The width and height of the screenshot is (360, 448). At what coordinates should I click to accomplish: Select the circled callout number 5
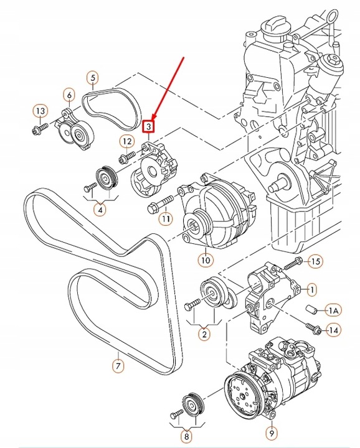point(92,78)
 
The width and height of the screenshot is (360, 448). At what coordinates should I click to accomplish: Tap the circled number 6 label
point(69,95)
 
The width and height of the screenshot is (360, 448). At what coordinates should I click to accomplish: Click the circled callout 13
point(39,111)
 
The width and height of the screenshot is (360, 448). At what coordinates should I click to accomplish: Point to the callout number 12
point(126,141)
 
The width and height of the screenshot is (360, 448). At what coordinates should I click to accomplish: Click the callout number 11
point(164,218)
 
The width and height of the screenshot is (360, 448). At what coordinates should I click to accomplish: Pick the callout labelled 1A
point(333,310)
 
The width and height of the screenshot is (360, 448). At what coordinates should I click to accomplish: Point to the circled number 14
point(333,330)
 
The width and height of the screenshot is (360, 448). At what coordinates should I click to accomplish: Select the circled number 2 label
point(203,334)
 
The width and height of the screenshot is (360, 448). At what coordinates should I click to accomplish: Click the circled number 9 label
point(272,431)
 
